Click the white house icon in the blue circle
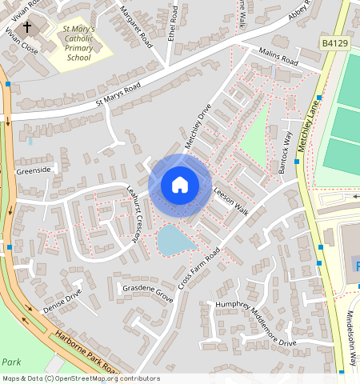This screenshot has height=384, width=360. (180, 185)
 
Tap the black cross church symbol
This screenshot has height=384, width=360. (27, 27)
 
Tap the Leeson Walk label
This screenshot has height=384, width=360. (231, 198)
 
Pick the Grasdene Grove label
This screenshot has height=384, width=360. (145, 292)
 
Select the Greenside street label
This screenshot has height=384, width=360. (34, 170)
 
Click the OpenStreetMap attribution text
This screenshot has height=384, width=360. (81, 378)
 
